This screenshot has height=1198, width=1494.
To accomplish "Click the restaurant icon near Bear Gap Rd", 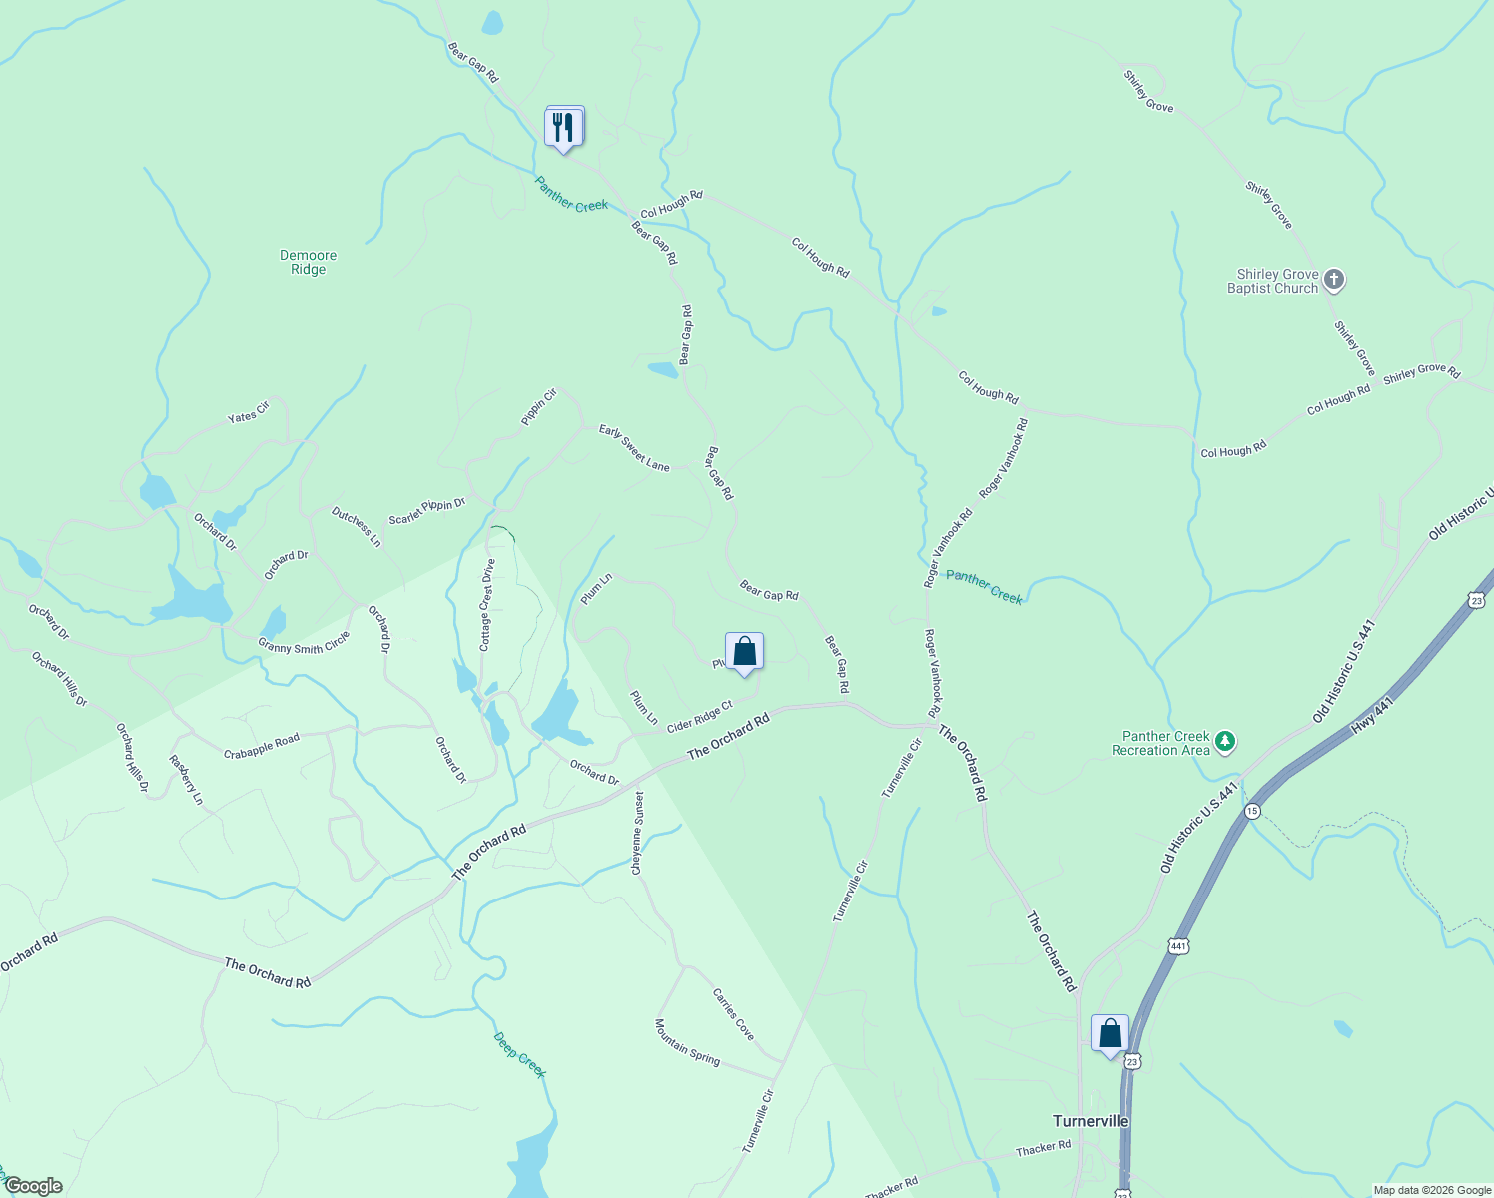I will (564, 128).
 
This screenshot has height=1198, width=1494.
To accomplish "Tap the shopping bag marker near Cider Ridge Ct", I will (744, 652).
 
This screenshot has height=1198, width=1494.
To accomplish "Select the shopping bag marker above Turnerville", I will (1110, 1034).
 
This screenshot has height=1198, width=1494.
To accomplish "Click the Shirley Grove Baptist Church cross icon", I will (1335, 280).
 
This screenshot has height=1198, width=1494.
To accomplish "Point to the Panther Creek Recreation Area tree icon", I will (1226, 742).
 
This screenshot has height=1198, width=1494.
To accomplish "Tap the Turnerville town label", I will (1091, 1121).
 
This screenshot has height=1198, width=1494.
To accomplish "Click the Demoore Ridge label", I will (309, 262).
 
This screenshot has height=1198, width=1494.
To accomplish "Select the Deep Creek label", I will (520, 1055).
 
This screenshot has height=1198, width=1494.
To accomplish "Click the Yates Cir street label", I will (249, 411).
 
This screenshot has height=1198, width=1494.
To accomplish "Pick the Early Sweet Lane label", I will (634, 447).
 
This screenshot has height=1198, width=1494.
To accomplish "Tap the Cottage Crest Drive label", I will (487, 605).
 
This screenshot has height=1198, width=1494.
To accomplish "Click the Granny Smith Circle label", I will (304, 643).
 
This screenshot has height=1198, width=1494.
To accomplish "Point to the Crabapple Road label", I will (261, 745).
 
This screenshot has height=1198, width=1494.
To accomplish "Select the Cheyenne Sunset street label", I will (637, 834).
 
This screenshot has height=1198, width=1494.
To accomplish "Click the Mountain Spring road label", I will (687, 1042).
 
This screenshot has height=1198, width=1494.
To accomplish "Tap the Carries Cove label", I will (733, 1014).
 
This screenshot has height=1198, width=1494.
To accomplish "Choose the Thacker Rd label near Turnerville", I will (1043, 1148).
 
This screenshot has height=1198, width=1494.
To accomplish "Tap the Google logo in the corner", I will (32, 1186).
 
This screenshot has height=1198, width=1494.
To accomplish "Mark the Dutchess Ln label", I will (357, 526).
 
